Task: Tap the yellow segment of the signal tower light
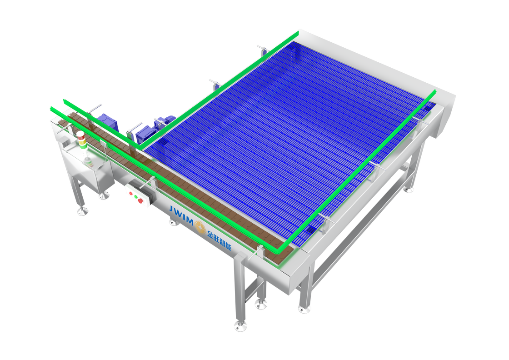(82, 141)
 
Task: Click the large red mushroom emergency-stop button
(140, 201)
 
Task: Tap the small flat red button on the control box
(131, 194)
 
